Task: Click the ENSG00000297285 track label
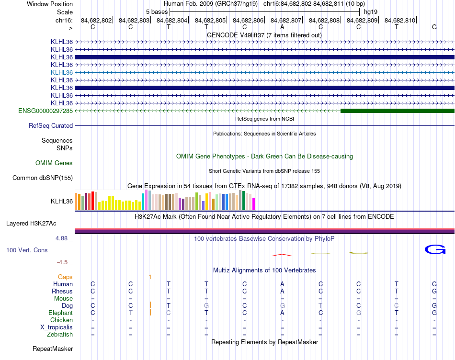[45, 111]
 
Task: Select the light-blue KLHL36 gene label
[62, 72]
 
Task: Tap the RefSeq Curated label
[51, 126]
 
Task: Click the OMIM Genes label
[54, 163]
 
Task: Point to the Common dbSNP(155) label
[43, 178]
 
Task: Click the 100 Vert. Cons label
[27, 250]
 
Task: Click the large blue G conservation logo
[435, 249]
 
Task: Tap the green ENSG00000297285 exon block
[397, 111]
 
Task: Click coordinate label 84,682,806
[248, 21]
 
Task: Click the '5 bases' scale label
[157, 11]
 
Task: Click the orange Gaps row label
[65, 277]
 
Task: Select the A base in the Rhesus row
[282, 292]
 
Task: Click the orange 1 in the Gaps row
[150, 277]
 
